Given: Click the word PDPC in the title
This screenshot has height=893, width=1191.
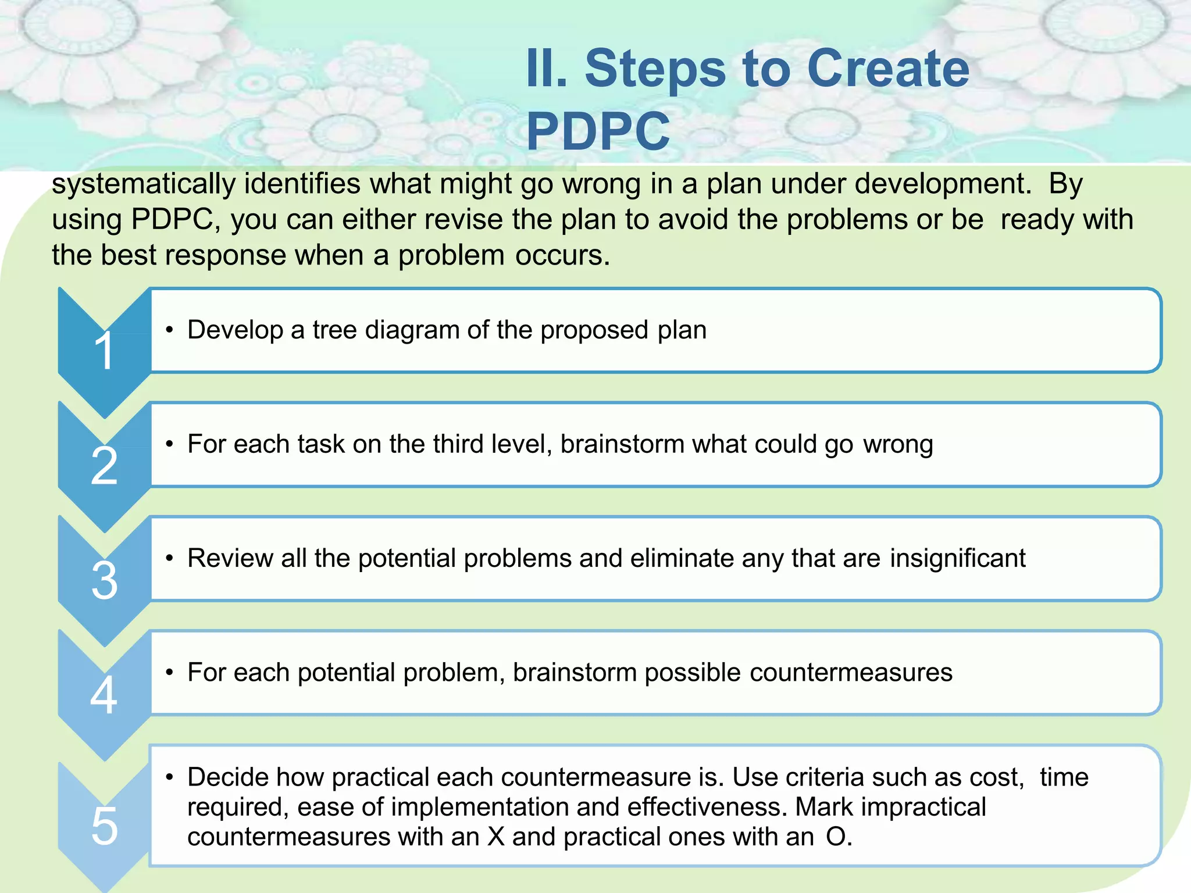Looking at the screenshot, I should [598, 131].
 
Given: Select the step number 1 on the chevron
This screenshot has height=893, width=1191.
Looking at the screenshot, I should [105, 351].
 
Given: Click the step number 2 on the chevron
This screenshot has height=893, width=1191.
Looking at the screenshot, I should [105, 466].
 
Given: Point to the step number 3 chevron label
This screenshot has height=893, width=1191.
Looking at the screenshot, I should [105, 580].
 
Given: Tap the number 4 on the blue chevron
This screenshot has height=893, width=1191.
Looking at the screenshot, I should [104, 695].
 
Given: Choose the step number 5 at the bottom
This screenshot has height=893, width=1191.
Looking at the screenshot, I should [105, 826].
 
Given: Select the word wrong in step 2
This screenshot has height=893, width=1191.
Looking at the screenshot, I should [898, 445].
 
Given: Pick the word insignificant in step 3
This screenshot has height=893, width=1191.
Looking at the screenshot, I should [957, 559].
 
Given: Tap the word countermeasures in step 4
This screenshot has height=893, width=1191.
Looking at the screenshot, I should [851, 673].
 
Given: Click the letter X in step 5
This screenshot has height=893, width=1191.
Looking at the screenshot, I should [496, 837].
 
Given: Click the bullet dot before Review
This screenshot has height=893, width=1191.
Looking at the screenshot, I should [169, 559].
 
